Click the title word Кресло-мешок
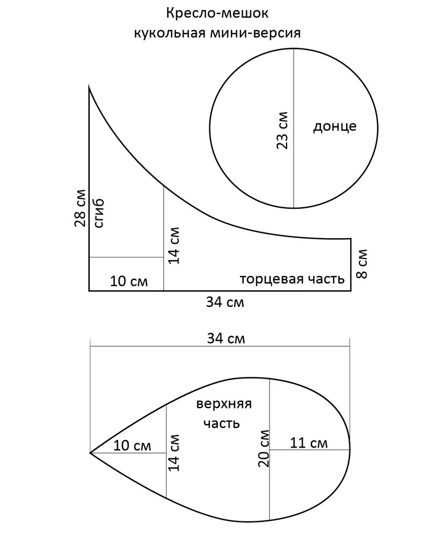(x=217, y=14)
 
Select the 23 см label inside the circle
(x=282, y=130)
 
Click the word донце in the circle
(x=335, y=126)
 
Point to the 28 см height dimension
(x=80, y=208)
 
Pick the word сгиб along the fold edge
(x=99, y=213)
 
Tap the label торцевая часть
(x=292, y=279)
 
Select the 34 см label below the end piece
(x=225, y=302)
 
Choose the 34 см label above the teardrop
(x=226, y=338)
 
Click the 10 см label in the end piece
(x=129, y=281)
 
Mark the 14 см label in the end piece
(x=174, y=245)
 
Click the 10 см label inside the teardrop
(x=132, y=445)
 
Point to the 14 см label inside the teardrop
(x=174, y=453)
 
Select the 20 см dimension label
(x=263, y=448)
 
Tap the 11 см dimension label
(x=309, y=443)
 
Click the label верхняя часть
(x=224, y=414)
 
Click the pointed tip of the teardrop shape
(x=90, y=453)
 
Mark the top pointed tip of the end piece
(x=89, y=87)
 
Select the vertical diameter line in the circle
(x=294, y=128)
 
